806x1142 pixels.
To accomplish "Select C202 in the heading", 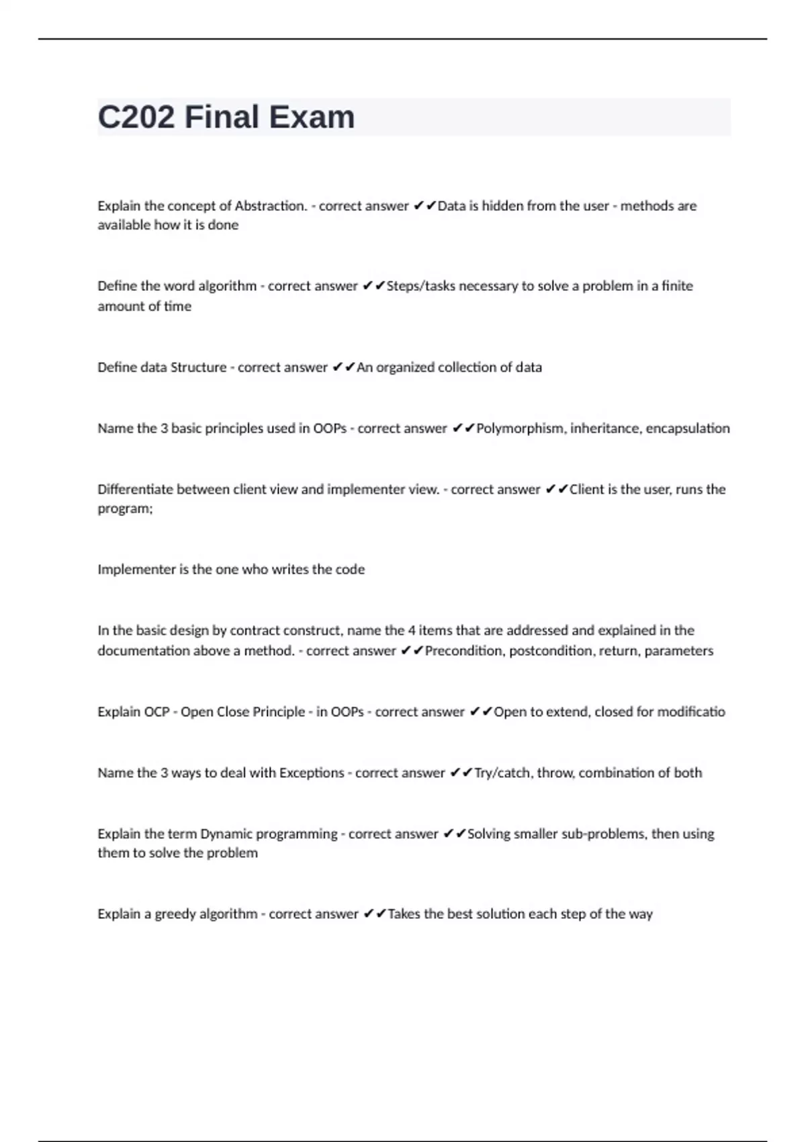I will point(136,117).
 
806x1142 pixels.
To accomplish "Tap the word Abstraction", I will point(271,206).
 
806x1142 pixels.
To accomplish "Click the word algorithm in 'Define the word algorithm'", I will point(227,285).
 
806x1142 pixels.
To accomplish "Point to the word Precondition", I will point(463,650).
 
